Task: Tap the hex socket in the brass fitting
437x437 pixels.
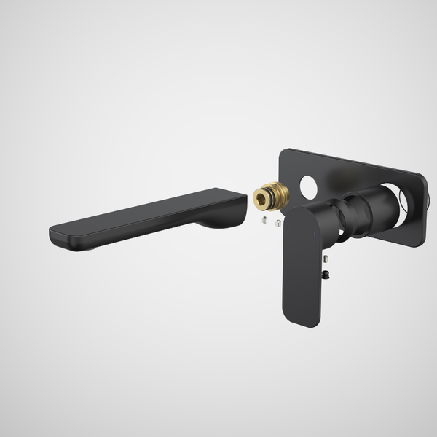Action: (x=263, y=197)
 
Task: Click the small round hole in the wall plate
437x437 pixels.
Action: (x=308, y=188)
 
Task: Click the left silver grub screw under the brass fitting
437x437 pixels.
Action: (x=265, y=219)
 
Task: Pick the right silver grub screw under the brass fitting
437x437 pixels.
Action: (x=279, y=223)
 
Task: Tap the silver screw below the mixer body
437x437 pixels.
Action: (x=326, y=259)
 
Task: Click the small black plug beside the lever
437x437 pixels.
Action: (x=327, y=274)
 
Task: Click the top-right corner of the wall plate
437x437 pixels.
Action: (x=422, y=176)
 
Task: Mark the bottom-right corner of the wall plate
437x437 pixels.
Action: (x=418, y=243)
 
